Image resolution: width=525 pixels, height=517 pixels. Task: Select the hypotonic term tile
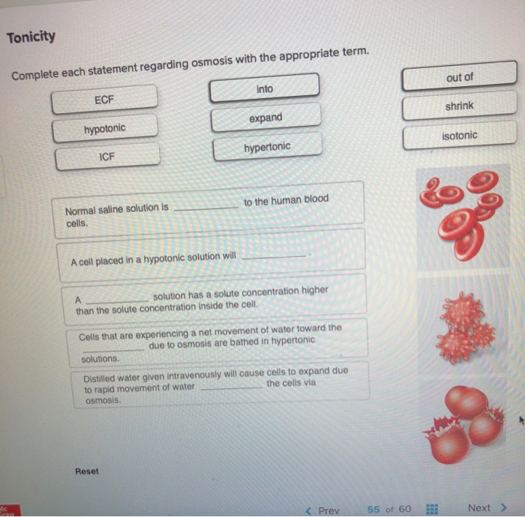tap(104, 129)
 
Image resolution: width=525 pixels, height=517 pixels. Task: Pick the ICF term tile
tap(107, 157)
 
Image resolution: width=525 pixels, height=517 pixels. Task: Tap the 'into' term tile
tap(264, 89)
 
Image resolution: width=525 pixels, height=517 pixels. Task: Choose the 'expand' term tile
tap(265, 118)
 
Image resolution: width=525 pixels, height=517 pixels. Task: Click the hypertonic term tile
tap(267, 147)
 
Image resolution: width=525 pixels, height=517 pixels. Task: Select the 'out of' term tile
tap(459, 77)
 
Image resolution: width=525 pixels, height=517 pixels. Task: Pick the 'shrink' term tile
tap(459, 106)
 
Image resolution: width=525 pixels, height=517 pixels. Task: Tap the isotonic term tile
tap(459, 136)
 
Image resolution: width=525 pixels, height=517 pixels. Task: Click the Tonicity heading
tap(31, 37)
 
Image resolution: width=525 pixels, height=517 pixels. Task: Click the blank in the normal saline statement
tap(205, 209)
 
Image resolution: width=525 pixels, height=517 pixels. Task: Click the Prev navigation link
tap(323, 510)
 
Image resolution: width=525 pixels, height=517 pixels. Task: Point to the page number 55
tap(373, 510)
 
